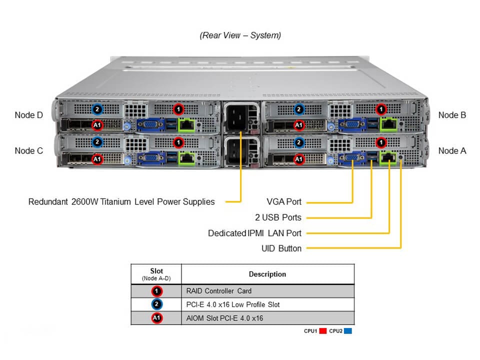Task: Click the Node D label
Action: [x=29, y=115]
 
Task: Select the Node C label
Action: [x=29, y=150]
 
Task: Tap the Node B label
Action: [x=452, y=115]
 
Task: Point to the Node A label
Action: [x=452, y=150]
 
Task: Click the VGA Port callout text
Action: [x=284, y=202]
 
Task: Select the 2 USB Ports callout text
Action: [x=278, y=217]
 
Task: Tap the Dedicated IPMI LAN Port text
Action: [x=254, y=233]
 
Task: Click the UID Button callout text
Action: [x=281, y=248]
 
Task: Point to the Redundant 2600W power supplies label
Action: [x=121, y=202]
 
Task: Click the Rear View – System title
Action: [x=240, y=35]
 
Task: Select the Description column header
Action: [x=267, y=274]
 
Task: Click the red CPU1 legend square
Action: [x=323, y=331]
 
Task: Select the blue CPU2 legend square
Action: [x=348, y=331]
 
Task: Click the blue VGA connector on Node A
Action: [x=351, y=159]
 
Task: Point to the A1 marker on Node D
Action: [x=98, y=124]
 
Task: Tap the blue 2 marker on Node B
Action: [x=299, y=109]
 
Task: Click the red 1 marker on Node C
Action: [x=178, y=143]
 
